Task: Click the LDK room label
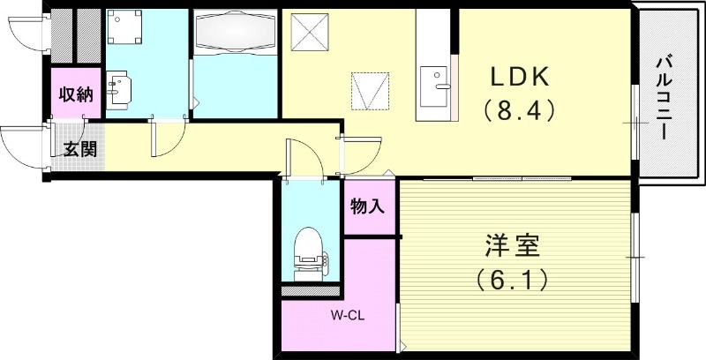(x=521, y=77)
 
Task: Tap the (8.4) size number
(x=521, y=112)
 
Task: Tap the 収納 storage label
(x=75, y=95)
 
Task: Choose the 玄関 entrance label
(x=79, y=149)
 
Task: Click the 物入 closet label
(x=368, y=208)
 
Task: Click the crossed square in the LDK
(x=311, y=34)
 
